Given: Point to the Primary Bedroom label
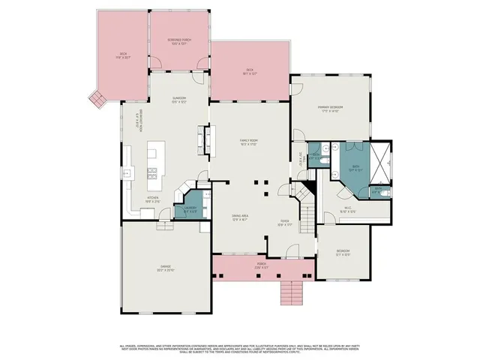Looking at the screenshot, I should pos(329,109).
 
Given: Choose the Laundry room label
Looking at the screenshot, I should pos(190,211).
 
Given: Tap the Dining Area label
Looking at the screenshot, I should pos(240,218).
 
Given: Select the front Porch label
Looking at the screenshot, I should pos(262,266).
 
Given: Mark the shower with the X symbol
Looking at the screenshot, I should pos(382,161).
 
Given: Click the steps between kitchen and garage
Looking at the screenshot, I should pos(164,225).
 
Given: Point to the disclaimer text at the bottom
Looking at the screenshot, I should pos(240,349).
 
